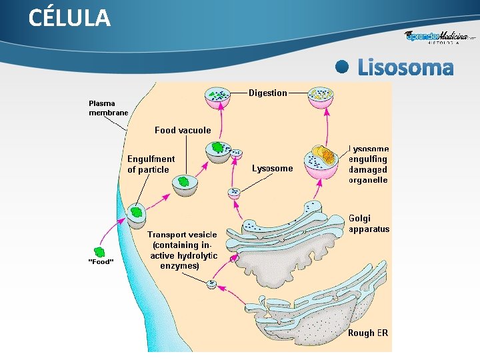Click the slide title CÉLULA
(69, 18)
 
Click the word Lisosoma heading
(405, 67)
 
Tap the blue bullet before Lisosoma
(343, 67)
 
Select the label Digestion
(268, 93)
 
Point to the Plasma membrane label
(107, 108)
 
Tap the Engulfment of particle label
(151, 164)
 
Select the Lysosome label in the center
(272, 169)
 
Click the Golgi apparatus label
(369, 223)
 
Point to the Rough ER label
(367, 333)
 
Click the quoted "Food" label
(101, 261)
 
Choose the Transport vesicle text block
(182, 250)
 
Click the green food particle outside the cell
(100, 251)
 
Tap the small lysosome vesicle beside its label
(234, 193)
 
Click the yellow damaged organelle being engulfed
(324, 155)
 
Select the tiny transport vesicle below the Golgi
(212, 284)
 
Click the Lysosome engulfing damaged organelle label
(369, 165)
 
